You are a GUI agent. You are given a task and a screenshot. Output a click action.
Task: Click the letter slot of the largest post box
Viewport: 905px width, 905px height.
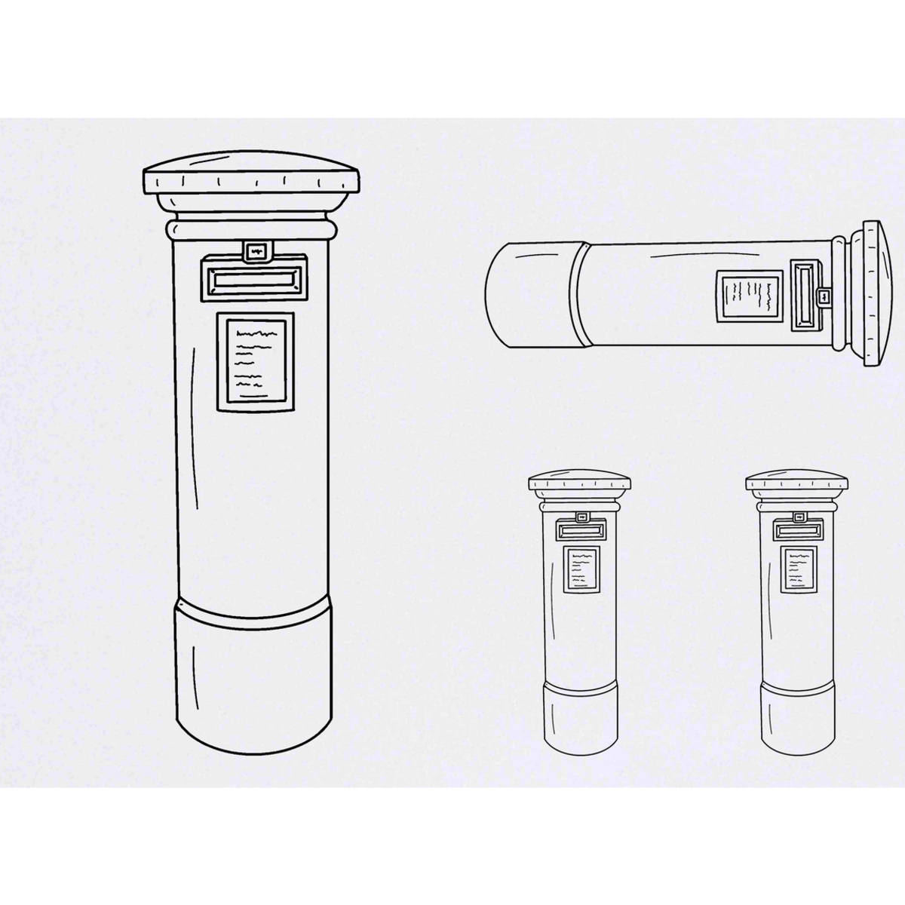(254, 279)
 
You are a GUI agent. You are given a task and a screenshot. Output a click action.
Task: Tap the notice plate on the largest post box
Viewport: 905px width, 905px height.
(255, 362)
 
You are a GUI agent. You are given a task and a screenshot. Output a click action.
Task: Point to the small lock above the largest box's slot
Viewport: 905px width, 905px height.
(256, 250)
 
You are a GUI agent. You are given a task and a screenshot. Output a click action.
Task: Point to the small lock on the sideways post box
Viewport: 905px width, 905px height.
(824, 296)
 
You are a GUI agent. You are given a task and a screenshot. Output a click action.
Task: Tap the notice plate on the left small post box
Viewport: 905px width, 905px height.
(581, 568)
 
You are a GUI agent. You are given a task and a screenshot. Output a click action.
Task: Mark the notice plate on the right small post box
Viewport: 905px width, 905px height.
(797, 568)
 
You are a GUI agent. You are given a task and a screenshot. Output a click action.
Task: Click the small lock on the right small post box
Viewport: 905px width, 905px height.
(798, 518)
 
